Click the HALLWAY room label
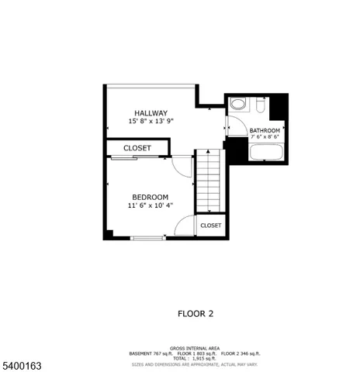pos(151,112)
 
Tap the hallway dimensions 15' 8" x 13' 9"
pos(151,122)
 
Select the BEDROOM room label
pos(150,197)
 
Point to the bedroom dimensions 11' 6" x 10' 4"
pos(150,206)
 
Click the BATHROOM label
pos(265,130)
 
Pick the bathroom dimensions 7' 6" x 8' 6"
pos(265,137)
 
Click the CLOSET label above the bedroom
pos(137,148)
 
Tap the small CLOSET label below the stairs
pos(210,226)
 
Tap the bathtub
pos(267,150)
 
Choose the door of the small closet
pos(184,226)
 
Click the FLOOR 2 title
pos(196,314)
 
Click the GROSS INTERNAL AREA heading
pos(195,348)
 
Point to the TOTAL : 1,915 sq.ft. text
pos(195,358)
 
